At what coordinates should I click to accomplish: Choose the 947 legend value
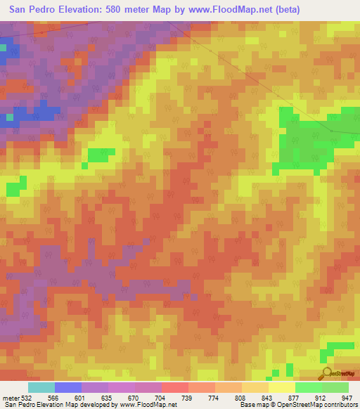(x=347, y=396)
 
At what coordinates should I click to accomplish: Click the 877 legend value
(x=293, y=396)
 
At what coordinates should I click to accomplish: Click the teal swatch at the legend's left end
(x=41, y=387)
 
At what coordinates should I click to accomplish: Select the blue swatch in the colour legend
(x=68, y=387)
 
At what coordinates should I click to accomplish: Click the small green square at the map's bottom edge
(x=289, y=370)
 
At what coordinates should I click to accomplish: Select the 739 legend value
(x=186, y=396)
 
